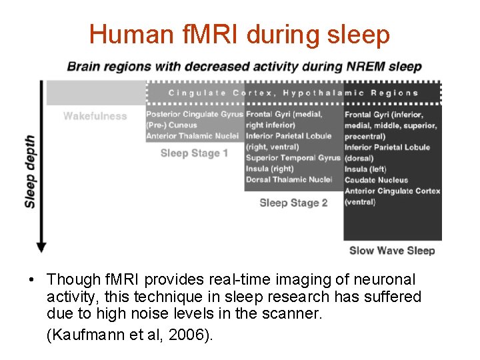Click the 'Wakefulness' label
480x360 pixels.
95,116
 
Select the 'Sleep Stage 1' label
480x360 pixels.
195,153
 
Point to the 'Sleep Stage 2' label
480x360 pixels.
293,203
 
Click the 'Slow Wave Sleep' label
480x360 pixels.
392,251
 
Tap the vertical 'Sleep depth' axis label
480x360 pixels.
31,172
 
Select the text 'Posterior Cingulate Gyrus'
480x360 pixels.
195,115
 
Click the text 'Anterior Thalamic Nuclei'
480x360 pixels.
192,136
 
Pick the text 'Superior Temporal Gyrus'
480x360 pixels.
293,158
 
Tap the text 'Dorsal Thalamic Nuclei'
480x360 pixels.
289,179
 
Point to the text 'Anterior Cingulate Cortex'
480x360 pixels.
393,191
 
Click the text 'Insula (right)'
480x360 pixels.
269,169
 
